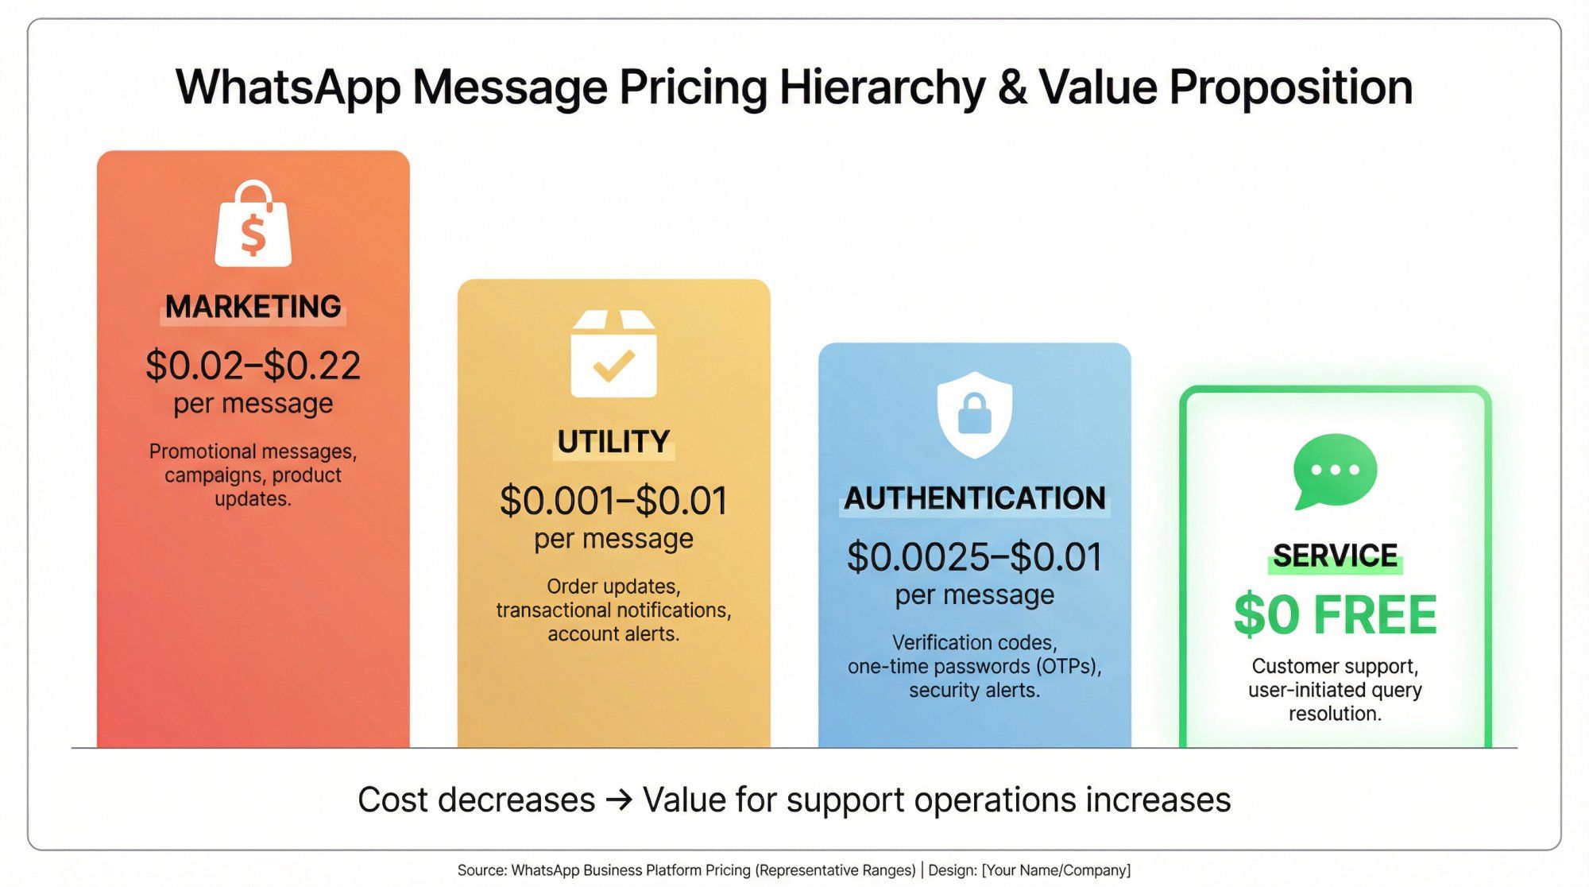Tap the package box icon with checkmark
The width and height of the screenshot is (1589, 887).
click(613, 354)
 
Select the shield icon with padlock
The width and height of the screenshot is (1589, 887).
click(974, 413)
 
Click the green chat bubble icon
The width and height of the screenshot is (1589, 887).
click(1335, 471)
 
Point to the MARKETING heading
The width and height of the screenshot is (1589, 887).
click(253, 307)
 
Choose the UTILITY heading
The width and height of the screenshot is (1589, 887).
click(613, 442)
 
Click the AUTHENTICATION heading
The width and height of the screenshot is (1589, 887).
click(974, 498)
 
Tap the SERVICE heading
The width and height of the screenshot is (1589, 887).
click(1335, 556)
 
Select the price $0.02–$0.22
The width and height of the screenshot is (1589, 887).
click(253, 366)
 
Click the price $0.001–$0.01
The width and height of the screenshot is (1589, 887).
click(613, 501)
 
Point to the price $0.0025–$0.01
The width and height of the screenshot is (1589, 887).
click(974, 557)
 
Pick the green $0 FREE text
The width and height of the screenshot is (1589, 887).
click(1335, 615)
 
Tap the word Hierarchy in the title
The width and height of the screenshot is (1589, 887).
click(882, 87)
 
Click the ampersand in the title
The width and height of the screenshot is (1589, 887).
click(1012, 87)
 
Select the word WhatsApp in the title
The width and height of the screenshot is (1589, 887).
click(288, 87)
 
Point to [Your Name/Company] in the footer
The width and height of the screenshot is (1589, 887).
click(1056, 870)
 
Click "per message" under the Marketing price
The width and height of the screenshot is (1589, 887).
click(253, 404)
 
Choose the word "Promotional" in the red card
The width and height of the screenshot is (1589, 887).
click(203, 451)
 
